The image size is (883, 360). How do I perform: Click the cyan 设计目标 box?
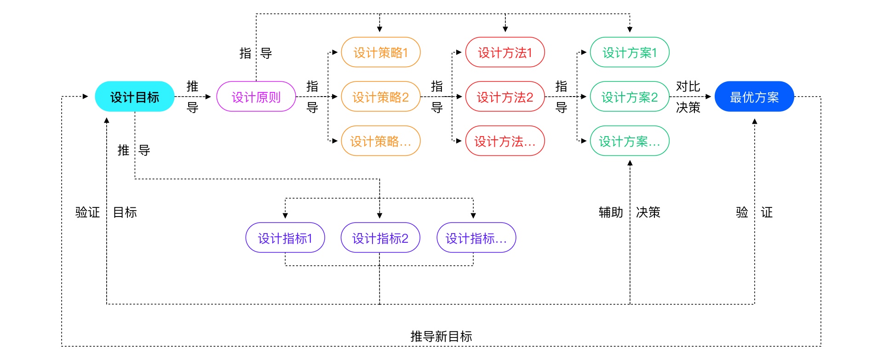pos(134,97)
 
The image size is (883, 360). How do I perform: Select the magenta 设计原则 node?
pos(256,97)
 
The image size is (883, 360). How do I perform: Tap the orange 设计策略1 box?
pos(380,52)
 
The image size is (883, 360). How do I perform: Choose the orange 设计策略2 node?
pos(380,97)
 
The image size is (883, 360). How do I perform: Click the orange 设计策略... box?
pos(380,141)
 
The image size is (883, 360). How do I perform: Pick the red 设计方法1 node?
pos(505,52)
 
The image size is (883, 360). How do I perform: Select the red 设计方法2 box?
pos(505,97)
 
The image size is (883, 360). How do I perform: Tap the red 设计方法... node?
pos(505,141)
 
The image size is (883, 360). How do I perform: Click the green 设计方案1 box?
pos(630,52)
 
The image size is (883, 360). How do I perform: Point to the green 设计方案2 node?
pos(630,97)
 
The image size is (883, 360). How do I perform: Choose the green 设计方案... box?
pos(630,141)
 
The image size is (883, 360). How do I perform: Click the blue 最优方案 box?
pos(754,97)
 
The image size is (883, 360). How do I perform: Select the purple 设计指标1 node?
pos(285,238)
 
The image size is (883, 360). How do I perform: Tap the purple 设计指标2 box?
pos(380,238)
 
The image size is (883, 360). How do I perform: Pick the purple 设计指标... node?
pos(476,238)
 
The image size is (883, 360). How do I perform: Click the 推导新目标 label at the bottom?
pos(441,336)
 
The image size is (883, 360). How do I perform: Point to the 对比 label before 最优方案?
pos(688,86)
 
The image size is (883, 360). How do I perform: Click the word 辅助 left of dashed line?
pos(611,212)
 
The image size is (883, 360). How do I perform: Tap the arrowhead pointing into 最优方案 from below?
pos(754,121)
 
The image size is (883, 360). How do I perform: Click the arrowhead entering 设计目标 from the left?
pos(85,97)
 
